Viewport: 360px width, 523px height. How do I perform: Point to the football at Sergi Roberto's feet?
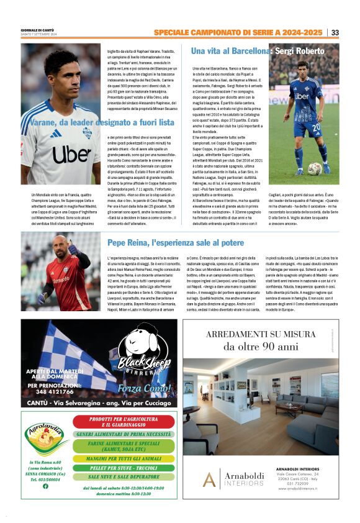(315, 168)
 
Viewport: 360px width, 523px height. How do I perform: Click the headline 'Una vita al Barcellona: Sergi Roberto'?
(258, 50)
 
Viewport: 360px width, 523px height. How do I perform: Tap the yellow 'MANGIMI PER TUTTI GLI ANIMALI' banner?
(124, 459)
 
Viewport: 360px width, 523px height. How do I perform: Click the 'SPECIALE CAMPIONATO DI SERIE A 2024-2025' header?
(238, 32)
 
